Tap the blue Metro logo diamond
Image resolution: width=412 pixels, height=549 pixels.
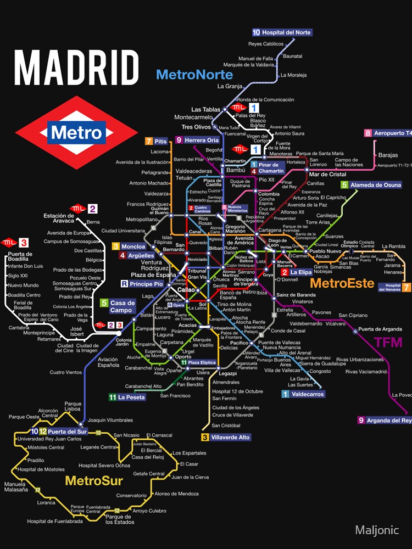click(76, 132)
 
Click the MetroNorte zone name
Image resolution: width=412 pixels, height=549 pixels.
click(194, 75)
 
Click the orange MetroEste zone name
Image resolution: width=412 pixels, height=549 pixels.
click(342, 284)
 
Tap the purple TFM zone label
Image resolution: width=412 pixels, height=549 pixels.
click(388, 343)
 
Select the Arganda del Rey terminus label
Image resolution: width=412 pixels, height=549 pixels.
click(385, 421)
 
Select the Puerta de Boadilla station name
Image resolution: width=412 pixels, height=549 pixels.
click(20, 257)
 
